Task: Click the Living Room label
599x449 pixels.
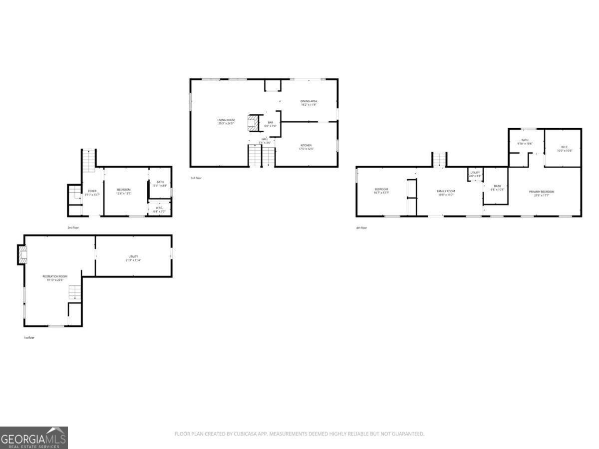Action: pyautogui.click(x=226, y=121)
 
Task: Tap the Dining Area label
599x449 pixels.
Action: pyautogui.click(x=309, y=103)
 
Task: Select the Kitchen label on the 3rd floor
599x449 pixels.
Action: pyautogui.click(x=306, y=147)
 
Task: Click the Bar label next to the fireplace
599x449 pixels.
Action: pyautogui.click(x=270, y=124)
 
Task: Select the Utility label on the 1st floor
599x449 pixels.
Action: pyautogui.click(x=133, y=258)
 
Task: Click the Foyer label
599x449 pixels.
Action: pyautogui.click(x=92, y=192)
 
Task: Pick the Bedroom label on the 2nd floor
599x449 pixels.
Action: pyautogui.click(x=124, y=191)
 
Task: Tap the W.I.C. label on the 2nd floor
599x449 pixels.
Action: pyautogui.click(x=159, y=209)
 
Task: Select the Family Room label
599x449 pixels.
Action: pyautogui.click(x=446, y=193)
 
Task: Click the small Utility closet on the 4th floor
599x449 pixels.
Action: pyautogui.click(x=475, y=174)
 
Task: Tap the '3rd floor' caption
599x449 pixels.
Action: pyautogui.click(x=196, y=178)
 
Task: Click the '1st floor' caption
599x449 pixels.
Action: pyautogui.click(x=29, y=337)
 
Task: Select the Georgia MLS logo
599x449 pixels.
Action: pyautogui.click(x=33, y=438)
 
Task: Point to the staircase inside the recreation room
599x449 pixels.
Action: pyautogui.click(x=75, y=292)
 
